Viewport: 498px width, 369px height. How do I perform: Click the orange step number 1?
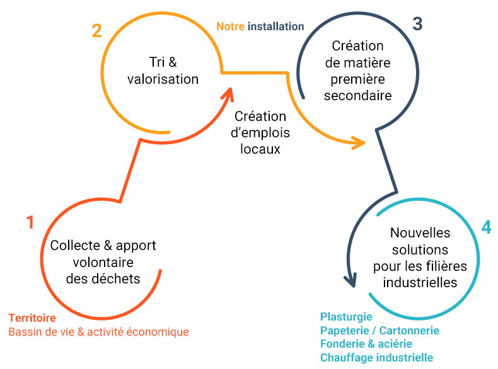(30, 222)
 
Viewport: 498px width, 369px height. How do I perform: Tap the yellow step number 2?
(96, 31)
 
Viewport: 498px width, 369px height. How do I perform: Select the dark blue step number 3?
(417, 25)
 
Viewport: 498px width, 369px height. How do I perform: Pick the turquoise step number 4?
(485, 227)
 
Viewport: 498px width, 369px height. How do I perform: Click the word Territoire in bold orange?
(32, 318)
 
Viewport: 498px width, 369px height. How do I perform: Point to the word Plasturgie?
(346, 317)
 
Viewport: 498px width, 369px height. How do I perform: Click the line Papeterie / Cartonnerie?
(379, 331)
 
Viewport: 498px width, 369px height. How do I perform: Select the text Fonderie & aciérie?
(366, 344)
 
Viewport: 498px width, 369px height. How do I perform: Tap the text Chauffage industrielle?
(376, 358)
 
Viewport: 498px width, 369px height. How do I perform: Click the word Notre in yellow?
(230, 26)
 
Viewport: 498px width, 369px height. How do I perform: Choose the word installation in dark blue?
(276, 26)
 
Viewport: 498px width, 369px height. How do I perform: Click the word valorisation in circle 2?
(163, 79)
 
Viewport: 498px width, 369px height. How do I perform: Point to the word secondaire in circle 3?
(357, 96)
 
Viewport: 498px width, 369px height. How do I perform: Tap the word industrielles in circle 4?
(420, 282)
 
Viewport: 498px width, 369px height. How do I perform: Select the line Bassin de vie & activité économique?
(98, 332)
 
